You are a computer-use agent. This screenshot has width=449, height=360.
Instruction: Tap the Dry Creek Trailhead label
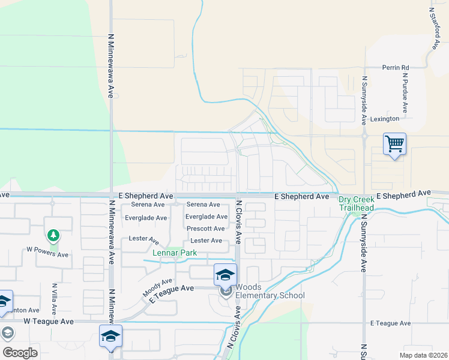pyautogui.click(x=357, y=203)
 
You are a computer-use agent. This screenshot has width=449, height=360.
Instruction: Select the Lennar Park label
pyautogui.click(x=175, y=253)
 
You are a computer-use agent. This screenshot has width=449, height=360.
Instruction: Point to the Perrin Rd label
pyautogui.click(x=396, y=68)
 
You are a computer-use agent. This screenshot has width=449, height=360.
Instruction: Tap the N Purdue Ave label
pyautogui.click(x=406, y=94)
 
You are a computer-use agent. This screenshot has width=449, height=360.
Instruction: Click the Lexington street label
pyautogui.click(x=385, y=119)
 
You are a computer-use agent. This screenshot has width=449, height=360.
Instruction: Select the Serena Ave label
pyautogui.click(x=203, y=205)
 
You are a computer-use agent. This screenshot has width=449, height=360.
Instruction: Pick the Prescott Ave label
pyautogui.click(x=206, y=229)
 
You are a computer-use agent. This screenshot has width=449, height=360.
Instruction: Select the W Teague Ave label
pyautogui.click(x=49, y=322)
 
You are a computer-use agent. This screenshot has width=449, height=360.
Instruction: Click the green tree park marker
pyautogui.click(x=53, y=235)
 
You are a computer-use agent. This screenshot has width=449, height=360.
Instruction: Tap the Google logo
pyautogui.click(x=20, y=353)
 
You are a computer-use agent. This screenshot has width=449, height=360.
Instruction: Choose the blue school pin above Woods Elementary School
pyautogui.click(x=225, y=275)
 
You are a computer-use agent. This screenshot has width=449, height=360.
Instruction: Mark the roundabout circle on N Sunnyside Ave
pyautogui.click(x=364, y=136)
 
